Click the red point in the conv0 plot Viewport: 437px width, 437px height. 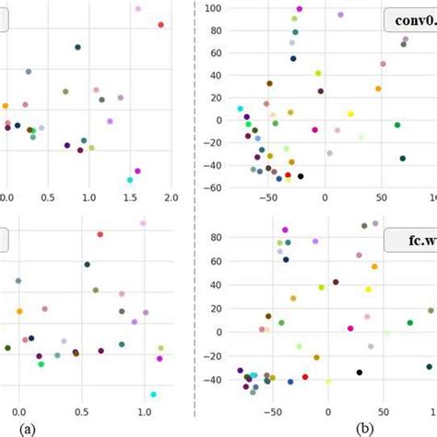(x=288, y=174)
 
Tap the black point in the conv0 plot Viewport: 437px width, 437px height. (x=301, y=176)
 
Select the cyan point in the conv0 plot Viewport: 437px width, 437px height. (x=241, y=109)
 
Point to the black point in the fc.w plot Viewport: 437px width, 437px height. (x=360, y=372)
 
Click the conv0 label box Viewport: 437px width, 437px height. (x=410, y=19)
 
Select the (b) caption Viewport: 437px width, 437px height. (x=366, y=428)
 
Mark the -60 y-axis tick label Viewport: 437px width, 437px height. (x=214, y=188)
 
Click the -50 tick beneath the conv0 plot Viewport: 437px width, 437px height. (x=268, y=197)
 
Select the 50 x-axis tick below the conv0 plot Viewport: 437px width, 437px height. (x=381, y=197)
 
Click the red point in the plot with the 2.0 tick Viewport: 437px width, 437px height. (x=160, y=25)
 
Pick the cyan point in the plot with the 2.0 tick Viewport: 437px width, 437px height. (x=129, y=180)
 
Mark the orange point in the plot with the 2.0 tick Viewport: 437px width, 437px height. (x=5, y=106)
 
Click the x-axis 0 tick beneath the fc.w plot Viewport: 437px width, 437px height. (x=329, y=414)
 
